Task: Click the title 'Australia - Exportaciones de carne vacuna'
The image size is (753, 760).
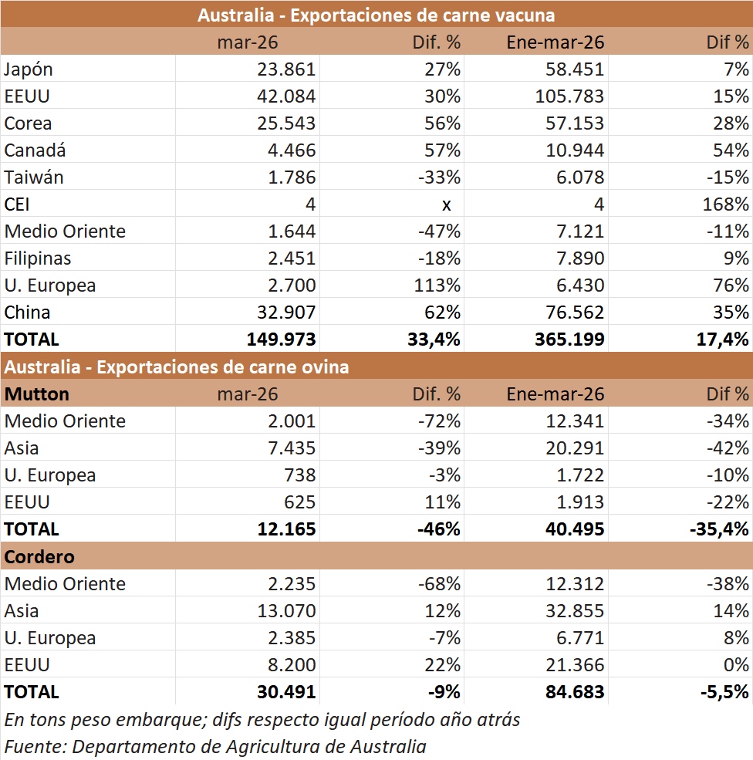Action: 376,15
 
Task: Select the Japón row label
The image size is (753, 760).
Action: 29,69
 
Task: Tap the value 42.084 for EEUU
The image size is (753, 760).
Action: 286,96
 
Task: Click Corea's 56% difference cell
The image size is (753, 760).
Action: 442,123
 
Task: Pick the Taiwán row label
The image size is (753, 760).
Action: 34,177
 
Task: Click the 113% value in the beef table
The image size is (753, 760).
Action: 437,285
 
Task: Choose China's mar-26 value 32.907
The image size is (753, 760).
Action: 286,312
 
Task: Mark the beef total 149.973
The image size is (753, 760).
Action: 282,339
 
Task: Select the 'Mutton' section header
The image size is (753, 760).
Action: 37,394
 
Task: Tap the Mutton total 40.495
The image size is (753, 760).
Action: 569,529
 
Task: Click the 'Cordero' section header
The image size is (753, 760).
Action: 39,556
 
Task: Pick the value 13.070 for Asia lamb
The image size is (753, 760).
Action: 286,611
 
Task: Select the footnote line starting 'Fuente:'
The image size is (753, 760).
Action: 215,746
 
